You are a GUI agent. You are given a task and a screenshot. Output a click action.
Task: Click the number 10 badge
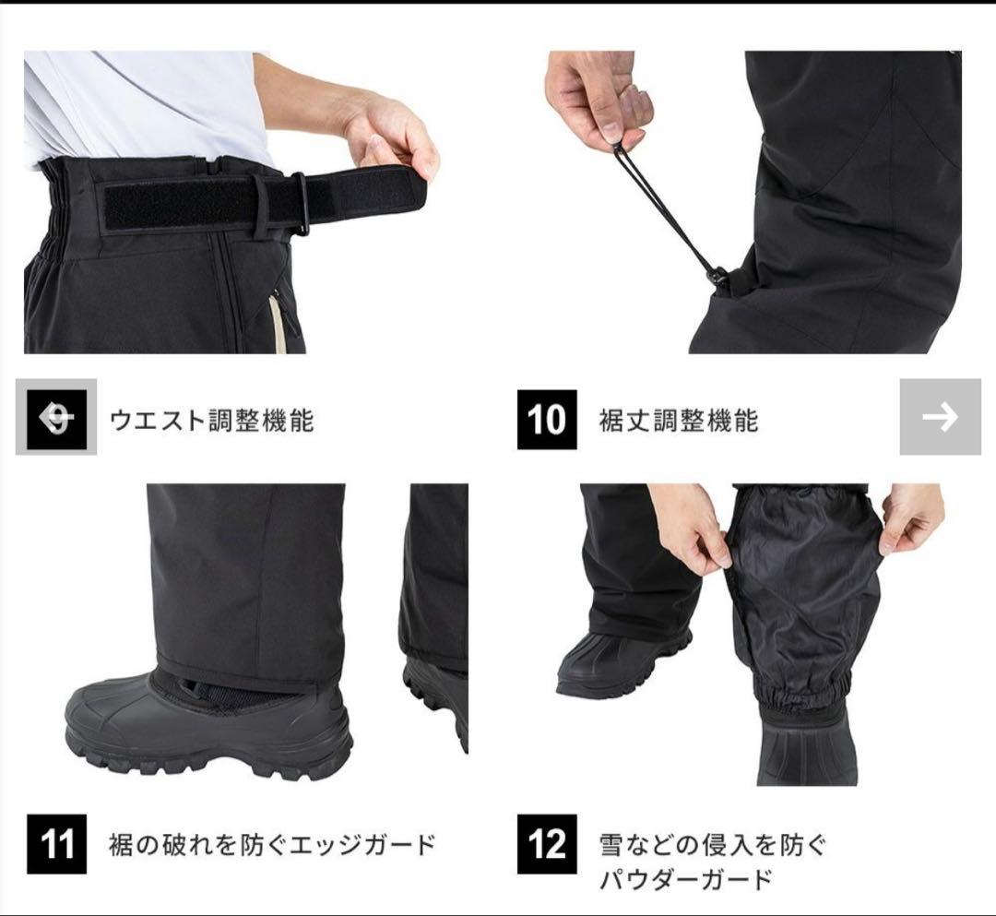tap(547, 419)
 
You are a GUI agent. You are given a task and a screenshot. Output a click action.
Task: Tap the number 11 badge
tap(56, 843)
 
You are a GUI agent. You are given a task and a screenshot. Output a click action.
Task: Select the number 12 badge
tap(547, 843)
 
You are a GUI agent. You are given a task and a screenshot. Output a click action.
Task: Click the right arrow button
tap(940, 417)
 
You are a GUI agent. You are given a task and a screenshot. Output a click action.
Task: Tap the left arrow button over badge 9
tap(56, 417)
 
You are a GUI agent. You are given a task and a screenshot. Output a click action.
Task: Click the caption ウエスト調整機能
tap(211, 421)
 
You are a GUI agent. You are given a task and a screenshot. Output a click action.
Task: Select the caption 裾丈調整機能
tap(679, 421)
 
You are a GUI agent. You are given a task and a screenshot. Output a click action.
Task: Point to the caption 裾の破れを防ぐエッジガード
tap(272, 845)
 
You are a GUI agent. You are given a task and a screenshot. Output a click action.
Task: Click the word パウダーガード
tap(685, 880)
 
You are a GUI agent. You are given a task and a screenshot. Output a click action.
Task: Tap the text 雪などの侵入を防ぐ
tap(713, 846)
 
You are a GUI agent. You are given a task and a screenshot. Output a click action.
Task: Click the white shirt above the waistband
tap(146, 105)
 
